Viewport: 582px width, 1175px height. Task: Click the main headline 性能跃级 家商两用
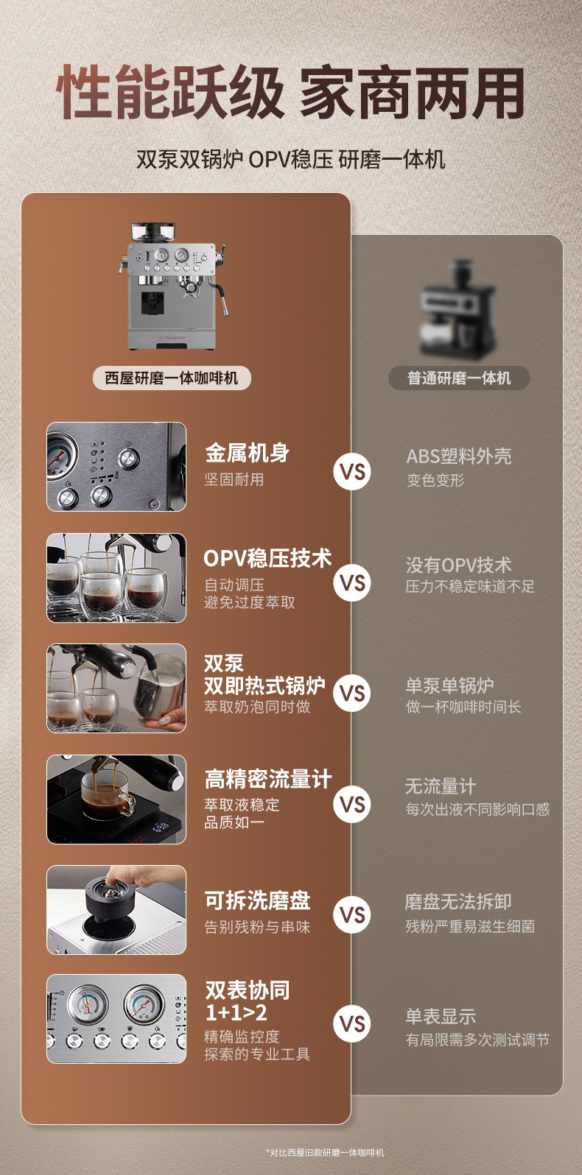click(x=290, y=92)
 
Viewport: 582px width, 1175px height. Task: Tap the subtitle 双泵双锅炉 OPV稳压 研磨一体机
click(x=290, y=160)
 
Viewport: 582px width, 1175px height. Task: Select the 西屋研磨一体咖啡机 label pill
click(x=172, y=378)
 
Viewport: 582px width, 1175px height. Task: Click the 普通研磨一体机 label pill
click(x=459, y=378)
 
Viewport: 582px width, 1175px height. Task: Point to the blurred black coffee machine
click(x=457, y=309)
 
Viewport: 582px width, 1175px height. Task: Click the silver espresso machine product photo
click(x=173, y=286)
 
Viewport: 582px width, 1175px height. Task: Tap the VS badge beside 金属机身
click(x=352, y=472)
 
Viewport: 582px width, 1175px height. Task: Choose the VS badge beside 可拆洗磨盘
click(x=352, y=915)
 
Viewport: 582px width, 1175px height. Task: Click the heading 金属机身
click(x=247, y=453)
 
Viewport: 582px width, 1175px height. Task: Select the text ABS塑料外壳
click(x=459, y=456)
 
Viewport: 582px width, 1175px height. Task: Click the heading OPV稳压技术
click(x=267, y=558)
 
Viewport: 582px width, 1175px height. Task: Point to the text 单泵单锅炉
click(x=449, y=685)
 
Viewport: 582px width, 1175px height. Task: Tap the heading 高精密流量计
click(x=268, y=779)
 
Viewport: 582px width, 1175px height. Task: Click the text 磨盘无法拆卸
click(x=458, y=901)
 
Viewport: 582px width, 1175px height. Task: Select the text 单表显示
click(x=441, y=1017)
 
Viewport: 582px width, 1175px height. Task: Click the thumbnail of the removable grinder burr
click(x=116, y=909)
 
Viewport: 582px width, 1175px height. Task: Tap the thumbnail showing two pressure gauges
click(x=116, y=1019)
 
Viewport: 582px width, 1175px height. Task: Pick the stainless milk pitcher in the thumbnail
click(x=159, y=685)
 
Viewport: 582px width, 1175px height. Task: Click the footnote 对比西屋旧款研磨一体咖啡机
click(x=326, y=1152)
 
